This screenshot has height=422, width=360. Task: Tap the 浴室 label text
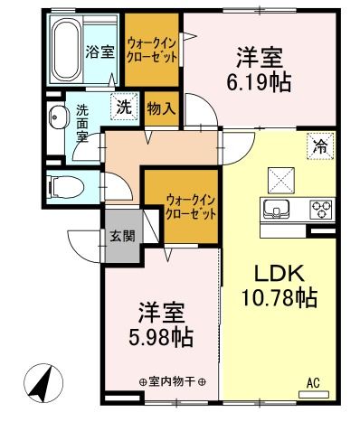click(99, 51)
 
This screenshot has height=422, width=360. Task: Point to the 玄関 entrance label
click(122, 238)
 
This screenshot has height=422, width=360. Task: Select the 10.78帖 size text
click(278, 296)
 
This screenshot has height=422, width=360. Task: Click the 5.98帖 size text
click(164, 339)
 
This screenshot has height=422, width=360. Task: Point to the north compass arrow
click(37, 383)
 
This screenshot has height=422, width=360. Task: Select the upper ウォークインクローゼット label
click(152, 46)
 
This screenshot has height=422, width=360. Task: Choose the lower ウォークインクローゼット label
click(191, 207)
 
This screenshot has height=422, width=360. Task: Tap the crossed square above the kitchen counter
click(279, 178)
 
